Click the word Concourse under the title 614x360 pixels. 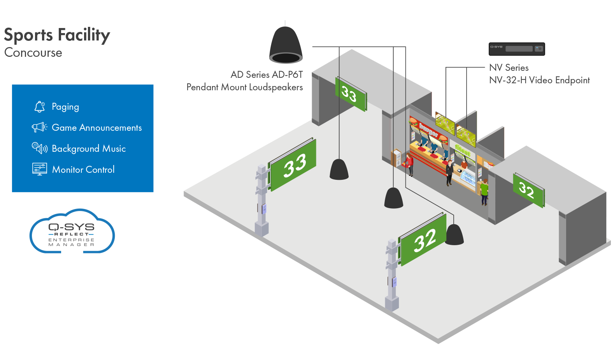pos(33,53)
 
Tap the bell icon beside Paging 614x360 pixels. pos(39,107)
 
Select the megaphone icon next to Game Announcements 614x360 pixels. pos(39,127)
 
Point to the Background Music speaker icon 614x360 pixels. pos(39,148)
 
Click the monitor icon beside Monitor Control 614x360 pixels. pos(39,169)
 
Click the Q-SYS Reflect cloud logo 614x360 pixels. pos(72,232)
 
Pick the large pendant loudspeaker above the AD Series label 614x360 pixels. pos(286,45)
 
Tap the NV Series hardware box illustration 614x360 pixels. pos(517,49)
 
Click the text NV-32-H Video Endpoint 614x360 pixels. pos(539,80)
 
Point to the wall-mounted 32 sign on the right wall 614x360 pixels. pos(528,190)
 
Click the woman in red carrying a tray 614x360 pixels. pos(409,164)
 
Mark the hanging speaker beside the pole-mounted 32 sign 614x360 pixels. pos(454,235)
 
